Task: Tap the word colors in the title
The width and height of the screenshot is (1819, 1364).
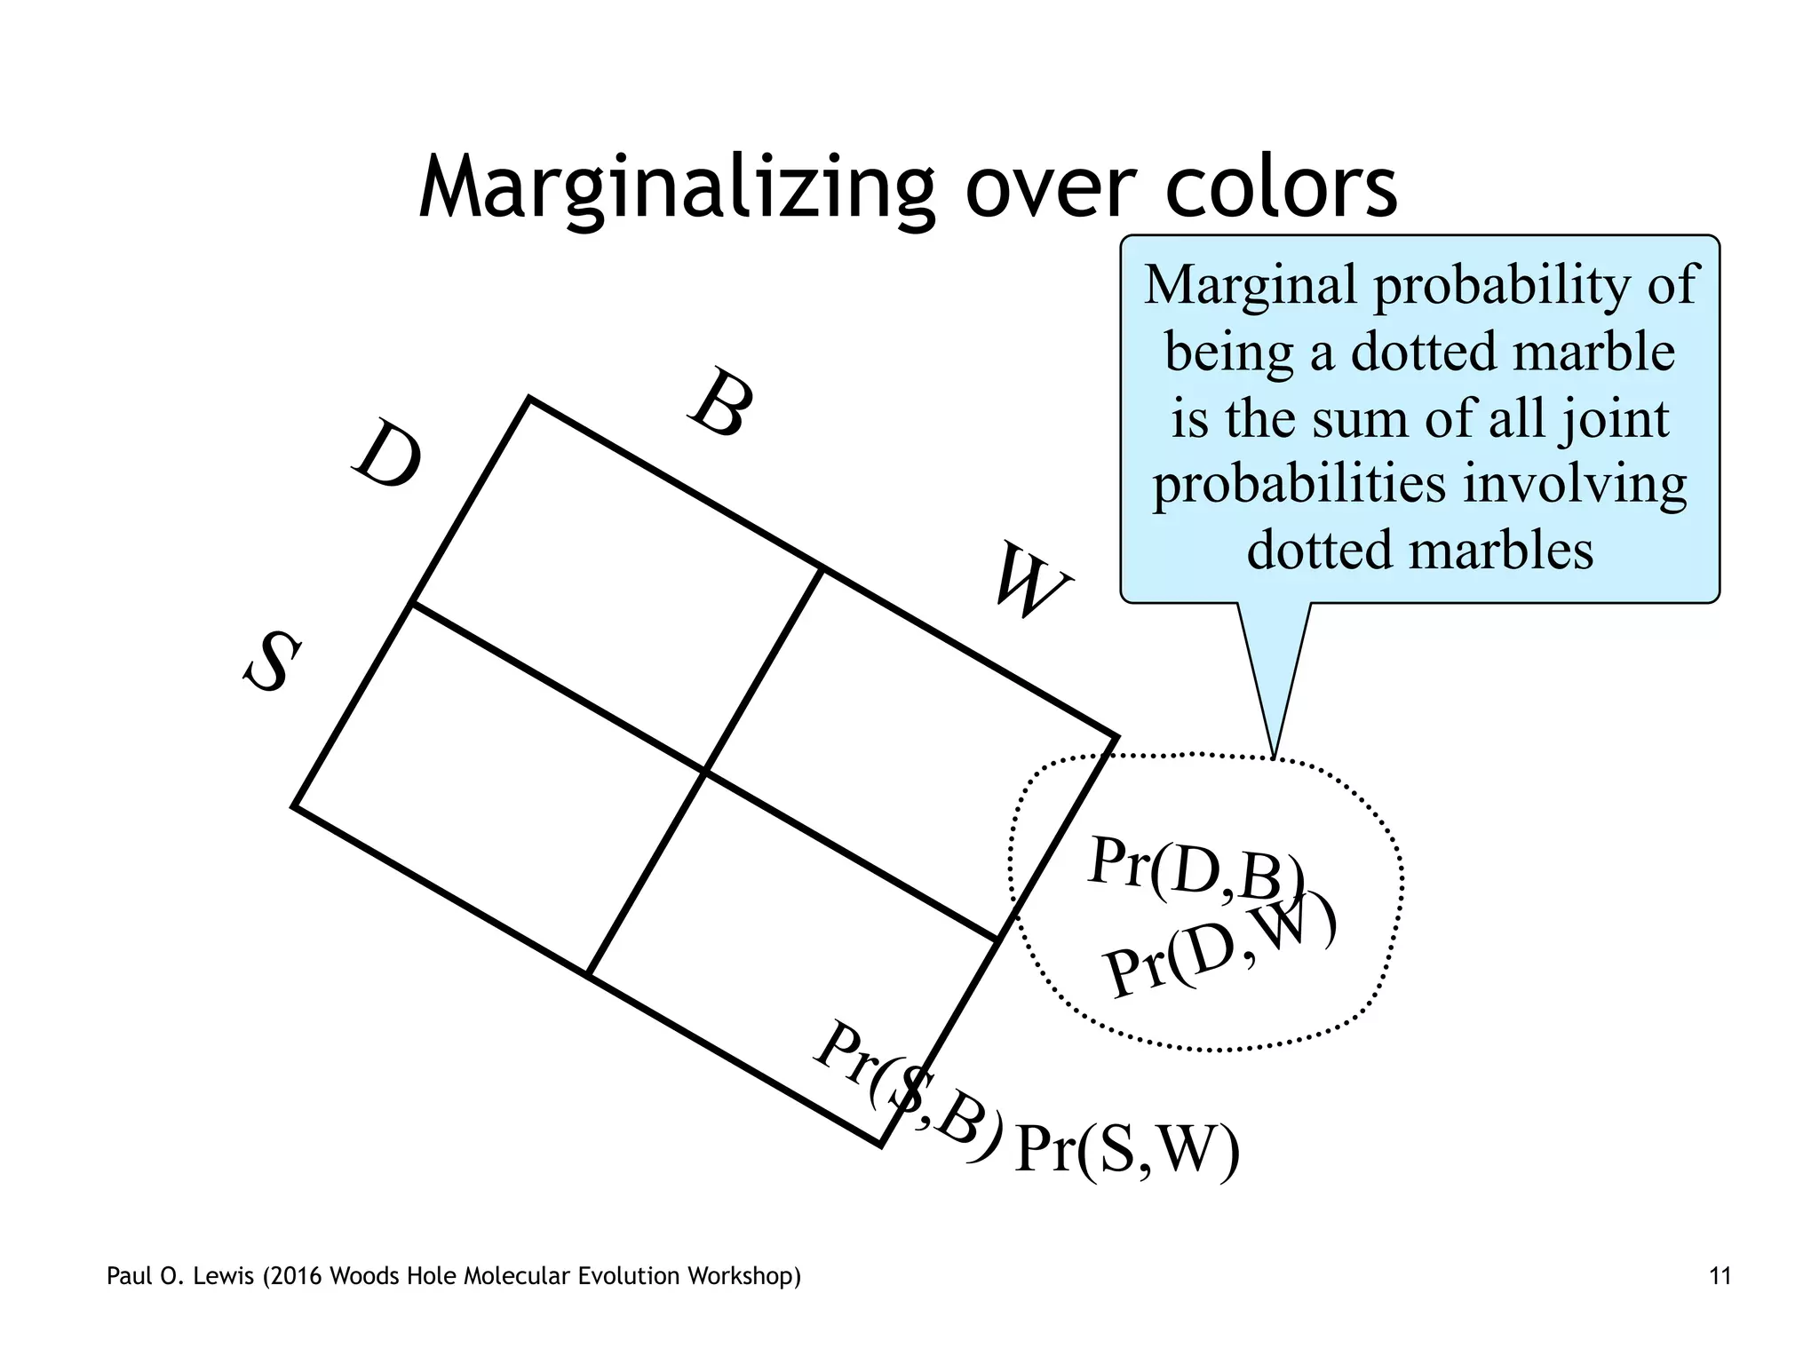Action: click(1281, 188)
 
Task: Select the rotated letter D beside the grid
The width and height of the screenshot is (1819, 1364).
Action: click(387, 455)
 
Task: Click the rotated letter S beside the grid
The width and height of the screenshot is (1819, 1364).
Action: click(272, 662)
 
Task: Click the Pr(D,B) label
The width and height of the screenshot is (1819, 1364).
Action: click(1195, 871)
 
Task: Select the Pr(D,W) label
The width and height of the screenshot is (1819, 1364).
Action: click(1220, 947)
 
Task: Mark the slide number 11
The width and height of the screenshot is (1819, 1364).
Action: click(1720, 1277)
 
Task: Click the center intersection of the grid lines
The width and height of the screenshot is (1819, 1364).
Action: click(705, 771)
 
